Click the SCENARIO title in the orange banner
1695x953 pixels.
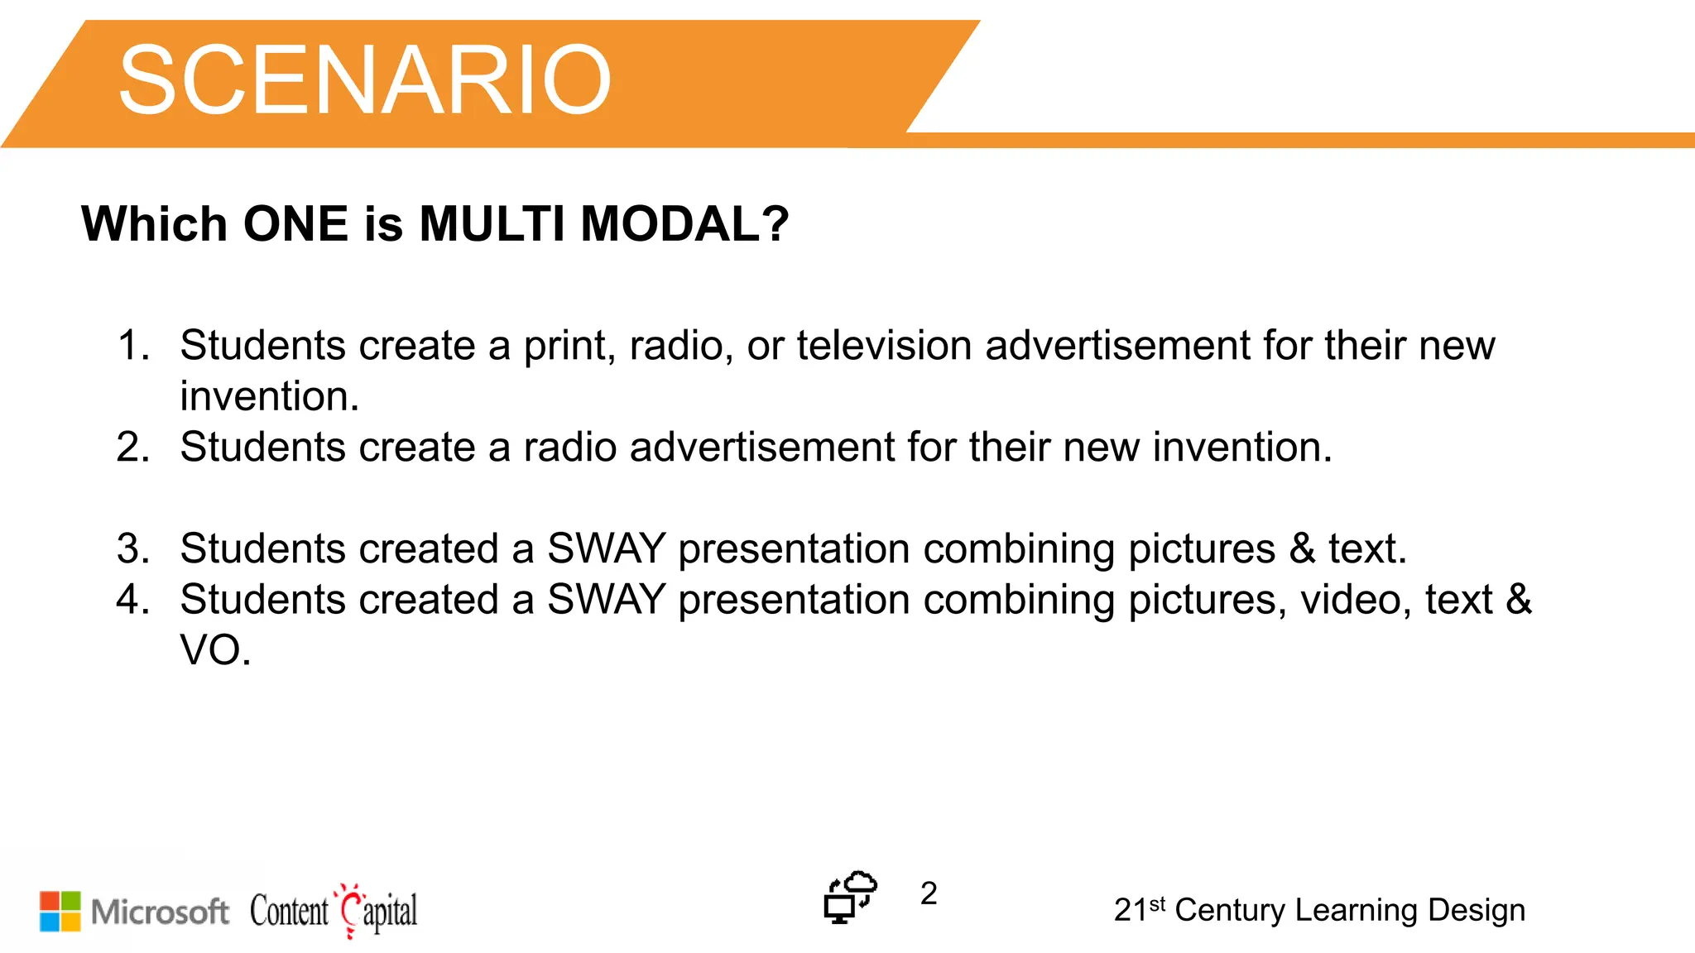364,80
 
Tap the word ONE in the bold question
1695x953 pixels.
295,223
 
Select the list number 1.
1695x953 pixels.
132,345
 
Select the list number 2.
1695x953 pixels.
132,447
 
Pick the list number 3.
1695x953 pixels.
132,548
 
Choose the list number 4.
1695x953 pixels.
132,599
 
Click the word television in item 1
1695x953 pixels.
884,345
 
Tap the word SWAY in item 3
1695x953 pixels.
607,548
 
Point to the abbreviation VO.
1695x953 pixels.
214,650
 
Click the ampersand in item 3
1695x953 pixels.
1302,548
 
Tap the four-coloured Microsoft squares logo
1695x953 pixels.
60,911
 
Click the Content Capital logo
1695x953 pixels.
334,911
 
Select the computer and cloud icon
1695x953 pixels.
849,897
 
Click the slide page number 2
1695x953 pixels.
929,893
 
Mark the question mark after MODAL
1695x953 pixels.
775,223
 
